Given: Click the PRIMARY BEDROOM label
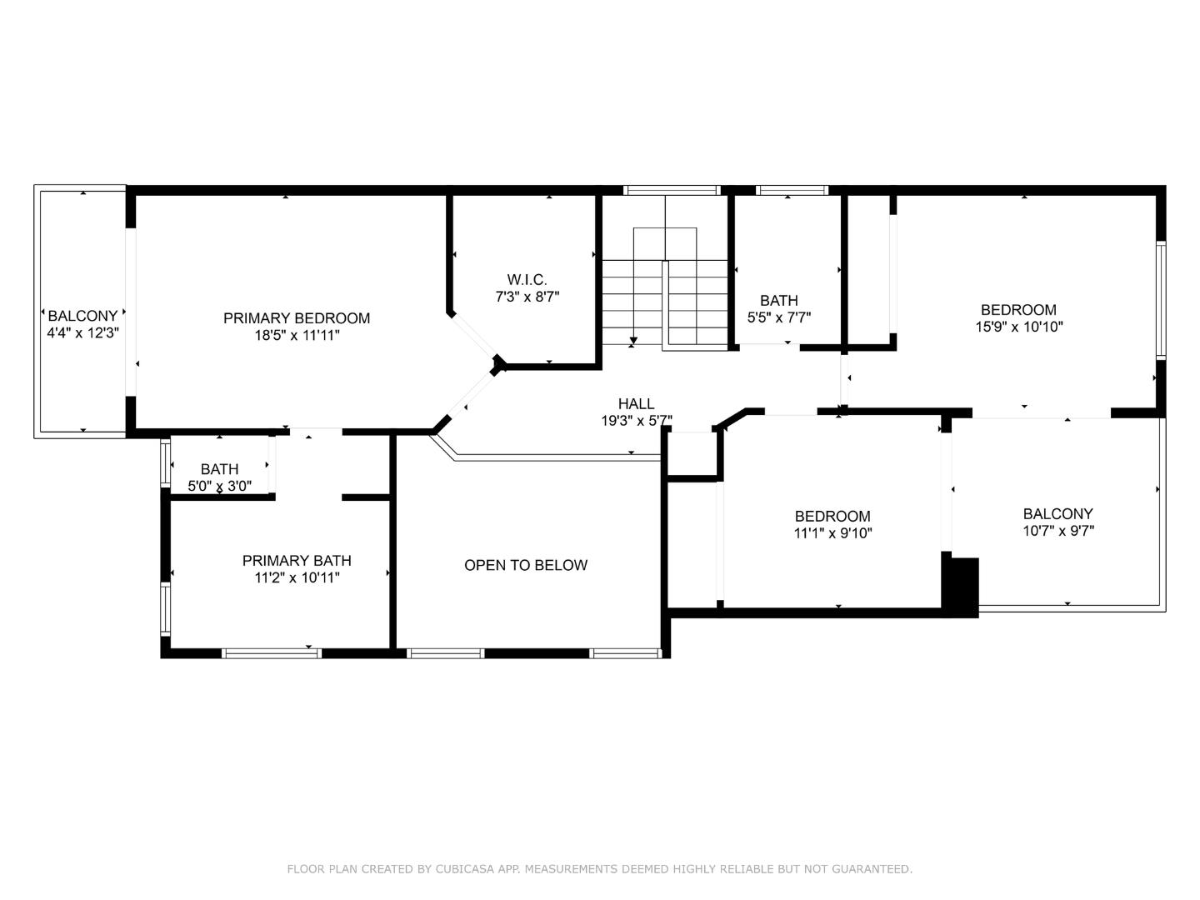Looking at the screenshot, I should coord(296,317).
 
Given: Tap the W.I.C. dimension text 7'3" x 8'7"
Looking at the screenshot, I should coord(527,297).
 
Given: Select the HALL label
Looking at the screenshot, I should coord(636,404).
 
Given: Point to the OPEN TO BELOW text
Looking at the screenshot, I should coord(525,565).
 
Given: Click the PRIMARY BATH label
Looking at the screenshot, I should coord(297,561).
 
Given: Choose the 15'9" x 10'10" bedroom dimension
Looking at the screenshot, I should coord(1018,327).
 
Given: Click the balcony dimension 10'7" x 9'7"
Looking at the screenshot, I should coord(1057,531).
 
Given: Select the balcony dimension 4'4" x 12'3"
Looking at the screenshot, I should coord(82,333).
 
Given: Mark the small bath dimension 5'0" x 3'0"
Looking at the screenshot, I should coord(219,486).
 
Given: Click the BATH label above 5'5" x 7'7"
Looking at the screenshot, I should coord(778,300).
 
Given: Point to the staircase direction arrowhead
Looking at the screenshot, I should coord(633,340).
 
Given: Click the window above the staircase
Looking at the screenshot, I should coord(672,190).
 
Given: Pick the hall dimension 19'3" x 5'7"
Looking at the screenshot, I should coord(636,422).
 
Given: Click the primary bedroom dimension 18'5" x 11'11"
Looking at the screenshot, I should coord(297,335).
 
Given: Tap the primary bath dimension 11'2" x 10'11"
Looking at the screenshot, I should coord(297,577).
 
